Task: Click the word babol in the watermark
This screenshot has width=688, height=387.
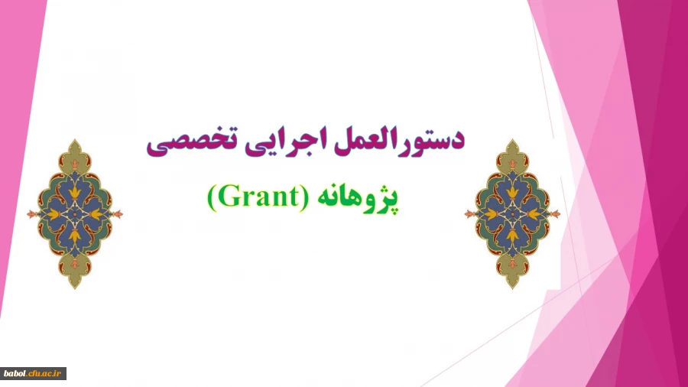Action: [16, 374]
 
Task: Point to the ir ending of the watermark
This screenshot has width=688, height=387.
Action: [60, 374]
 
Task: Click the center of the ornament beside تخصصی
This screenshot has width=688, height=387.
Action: [75, 213]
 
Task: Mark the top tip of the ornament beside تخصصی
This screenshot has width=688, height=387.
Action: [75, 140]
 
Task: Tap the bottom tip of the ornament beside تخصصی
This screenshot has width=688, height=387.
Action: [75, 288]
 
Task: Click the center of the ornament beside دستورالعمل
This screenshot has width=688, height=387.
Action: [512, 213]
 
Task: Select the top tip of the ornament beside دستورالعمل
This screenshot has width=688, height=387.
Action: [512, 140]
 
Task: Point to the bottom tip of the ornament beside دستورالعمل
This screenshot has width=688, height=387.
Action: [512, 288]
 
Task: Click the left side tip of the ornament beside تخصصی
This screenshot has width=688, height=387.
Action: [28, 213]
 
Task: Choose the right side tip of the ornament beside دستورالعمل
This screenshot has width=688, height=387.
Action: [560, 213]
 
